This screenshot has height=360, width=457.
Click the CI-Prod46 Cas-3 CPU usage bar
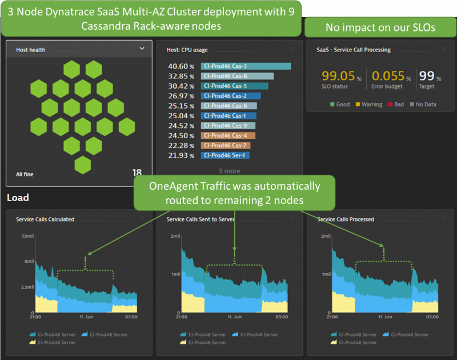[x=246, y=66]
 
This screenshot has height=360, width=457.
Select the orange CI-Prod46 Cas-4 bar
[x=227, y=135]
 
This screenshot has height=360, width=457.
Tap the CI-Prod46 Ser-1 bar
[x=225, y=155]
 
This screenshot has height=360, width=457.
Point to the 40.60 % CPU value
[x=182, y=66]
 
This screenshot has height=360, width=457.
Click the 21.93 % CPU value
[x=182, y=155]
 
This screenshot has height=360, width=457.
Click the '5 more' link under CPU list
[x=230, y=171]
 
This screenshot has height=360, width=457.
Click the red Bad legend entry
[x=396, y=105]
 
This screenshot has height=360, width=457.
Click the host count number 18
[x=137, y=173]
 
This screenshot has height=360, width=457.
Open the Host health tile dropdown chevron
[x=142, y=49]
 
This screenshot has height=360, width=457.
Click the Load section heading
[x=18, y=198]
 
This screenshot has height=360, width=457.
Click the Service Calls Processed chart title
[x=346, y=219]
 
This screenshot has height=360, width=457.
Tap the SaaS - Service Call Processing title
[x=354, y=50]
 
